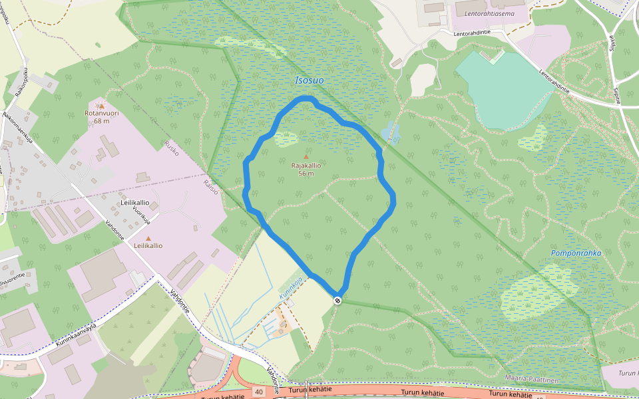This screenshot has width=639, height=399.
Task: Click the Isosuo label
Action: click(x=309, y=80)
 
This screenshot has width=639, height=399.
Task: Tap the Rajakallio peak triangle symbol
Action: click(x=306, y=157)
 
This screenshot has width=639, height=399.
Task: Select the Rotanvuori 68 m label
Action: click(x=101, y=117)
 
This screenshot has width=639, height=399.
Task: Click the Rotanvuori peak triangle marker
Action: click(x=101, y=106)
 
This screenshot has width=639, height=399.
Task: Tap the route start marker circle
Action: click(x=338, y=301)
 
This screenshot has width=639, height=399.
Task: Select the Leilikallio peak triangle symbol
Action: click(x=148, y=238)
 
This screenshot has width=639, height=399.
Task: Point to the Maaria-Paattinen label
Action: click(x=531, y=379)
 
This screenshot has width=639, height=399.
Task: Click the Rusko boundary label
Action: click(x=172, y=151)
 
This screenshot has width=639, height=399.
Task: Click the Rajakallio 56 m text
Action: click(x=306, y=170)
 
